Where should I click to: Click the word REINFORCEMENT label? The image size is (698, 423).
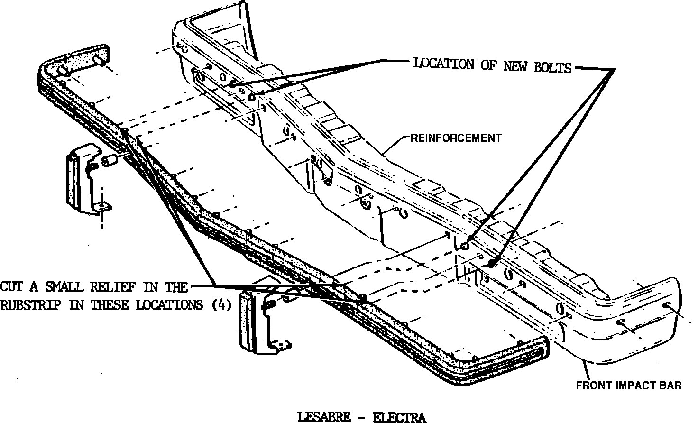tap(456, 138)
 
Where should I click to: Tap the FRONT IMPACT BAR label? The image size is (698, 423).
tap(628, 386)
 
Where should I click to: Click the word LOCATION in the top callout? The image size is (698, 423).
tap(444, 64)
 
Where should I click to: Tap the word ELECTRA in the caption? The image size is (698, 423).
tap(399, 418)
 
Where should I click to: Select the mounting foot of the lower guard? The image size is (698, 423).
tap(282, 345)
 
